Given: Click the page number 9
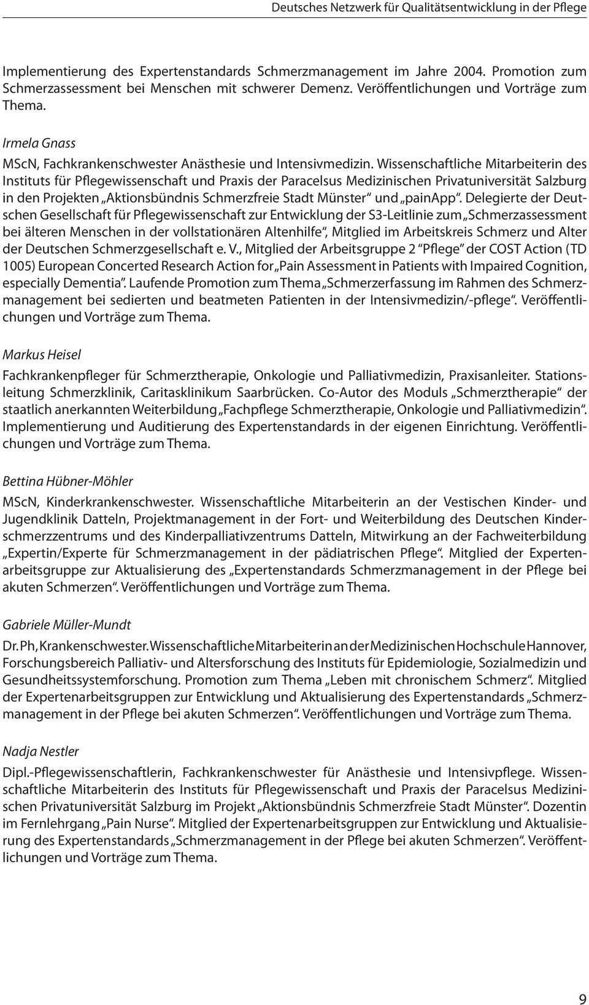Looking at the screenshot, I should click(582, 982).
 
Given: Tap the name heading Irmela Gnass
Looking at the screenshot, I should click(39, 143).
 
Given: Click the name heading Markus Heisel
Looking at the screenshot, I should click(42, 355).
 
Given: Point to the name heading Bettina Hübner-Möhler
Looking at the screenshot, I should click(68, 481).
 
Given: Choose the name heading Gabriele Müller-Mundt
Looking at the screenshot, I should click(67, 625).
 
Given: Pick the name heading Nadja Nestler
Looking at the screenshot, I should click(41, 751).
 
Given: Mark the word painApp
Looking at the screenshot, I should click(433, 198).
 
